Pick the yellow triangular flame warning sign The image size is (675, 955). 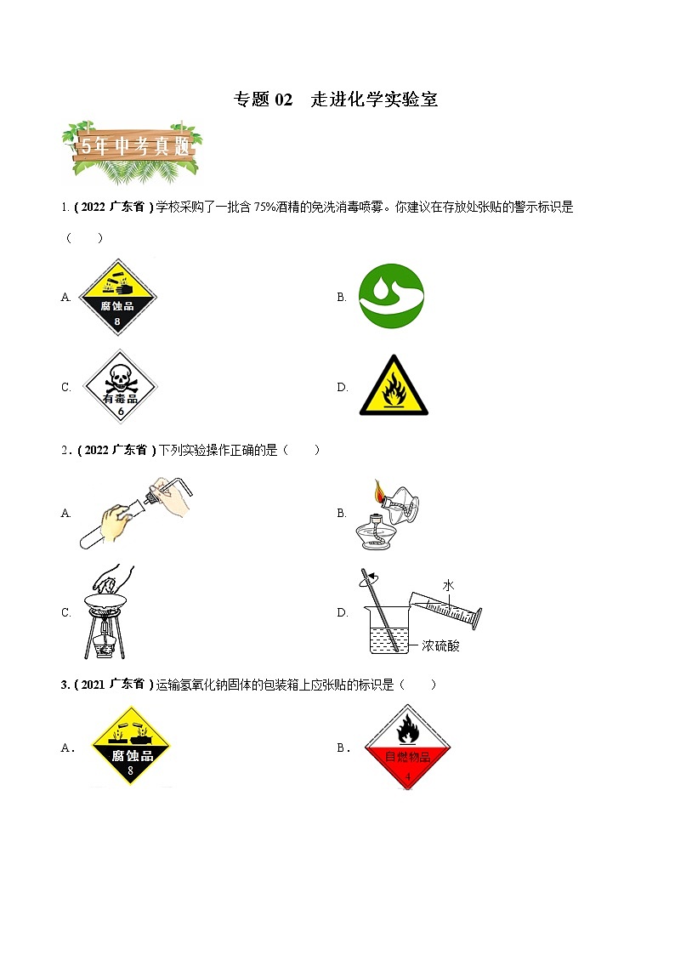(394, 387)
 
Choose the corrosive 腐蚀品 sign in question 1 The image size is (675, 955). (117, 297)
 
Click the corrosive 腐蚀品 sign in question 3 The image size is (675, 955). (130, 747)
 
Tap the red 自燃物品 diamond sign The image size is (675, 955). (406, 748)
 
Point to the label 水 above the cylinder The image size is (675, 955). (448, 586)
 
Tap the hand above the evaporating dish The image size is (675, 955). (112, 581)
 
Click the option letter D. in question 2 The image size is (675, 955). (343, 611)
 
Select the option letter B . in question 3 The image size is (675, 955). (343, 748)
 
